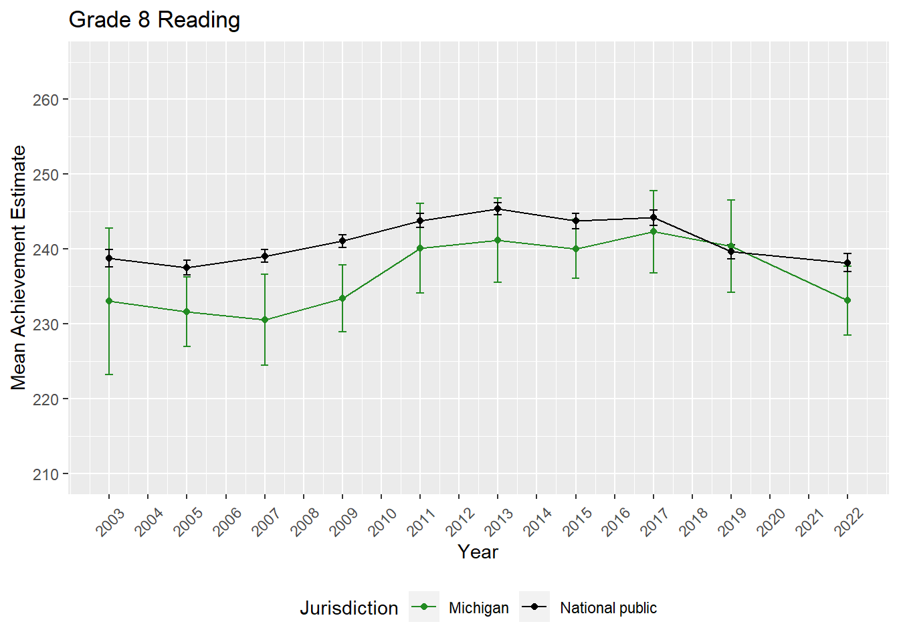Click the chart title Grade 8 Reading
tap(155, 20)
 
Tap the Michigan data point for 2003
tap(109, 301)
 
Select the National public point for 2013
tap(498, 209)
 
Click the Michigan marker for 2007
tap(265, 320)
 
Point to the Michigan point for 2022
tap(847, 300)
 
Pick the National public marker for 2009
tap(342, 241)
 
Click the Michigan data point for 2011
tap(420, 248)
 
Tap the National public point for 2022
tap(847, 263)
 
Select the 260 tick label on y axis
tap(45, 100)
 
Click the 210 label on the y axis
tap(45, 474)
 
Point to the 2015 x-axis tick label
tap(577, 522)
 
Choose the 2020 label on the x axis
tap(771, 522)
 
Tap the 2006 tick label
tap(227, 522)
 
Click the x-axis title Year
tap(478, 552)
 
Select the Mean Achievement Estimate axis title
tap(19, 267)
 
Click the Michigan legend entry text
tap(478, 608)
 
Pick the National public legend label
tap(608, 608)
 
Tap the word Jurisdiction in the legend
tap(348, 608)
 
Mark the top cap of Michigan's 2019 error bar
tap(731, 200)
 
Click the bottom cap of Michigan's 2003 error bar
tap(109, 374)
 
